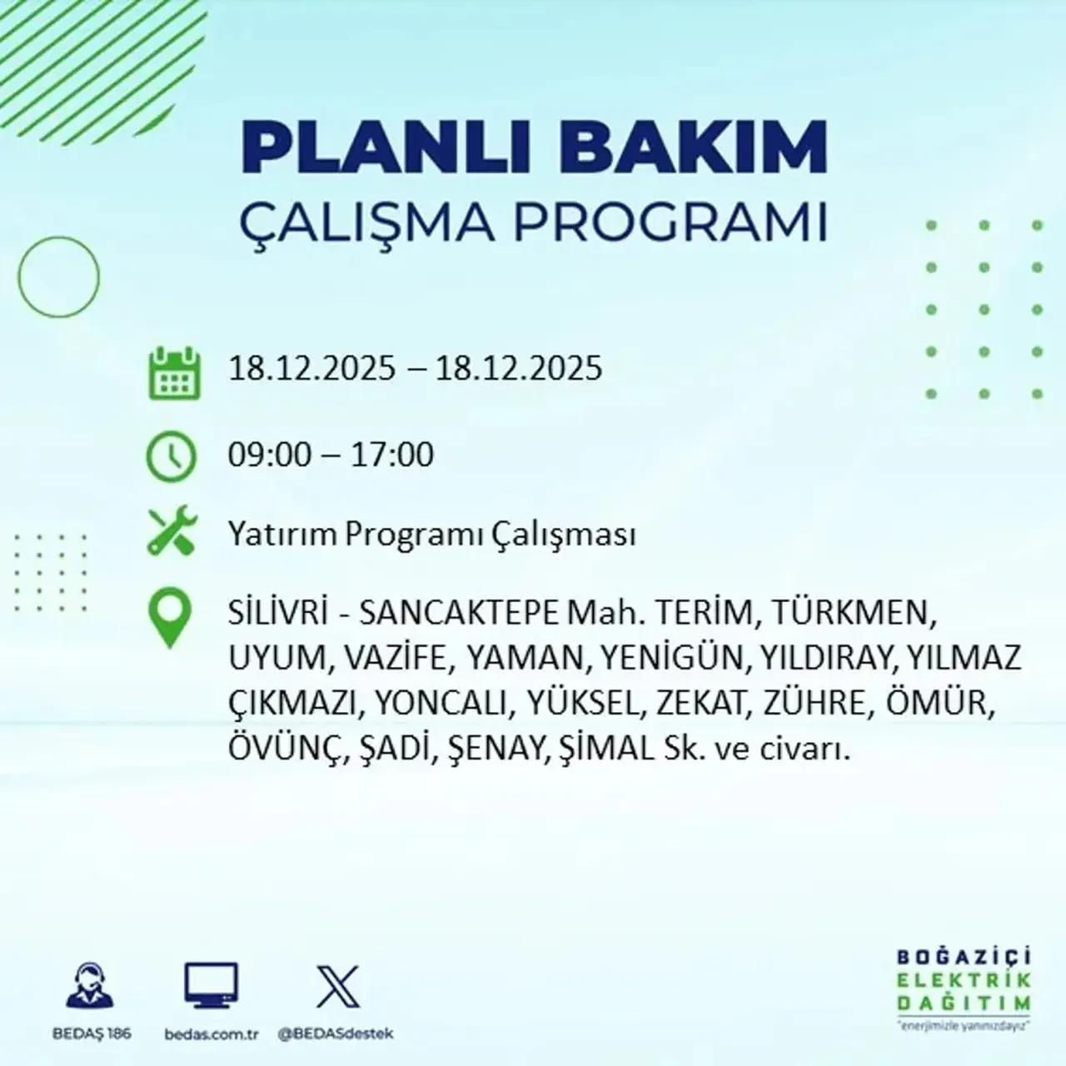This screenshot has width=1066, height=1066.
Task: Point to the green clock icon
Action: [x=172, y=456]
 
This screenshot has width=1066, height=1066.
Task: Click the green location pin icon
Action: [x=169, y=617]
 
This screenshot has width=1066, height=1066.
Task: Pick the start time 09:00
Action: [x=269, y=455]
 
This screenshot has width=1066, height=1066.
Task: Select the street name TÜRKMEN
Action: [x=849, y=614]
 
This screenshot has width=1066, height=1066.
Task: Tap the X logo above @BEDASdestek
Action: [x=337, y=987]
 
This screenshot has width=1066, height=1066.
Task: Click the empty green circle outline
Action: [x=58, y=276]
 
